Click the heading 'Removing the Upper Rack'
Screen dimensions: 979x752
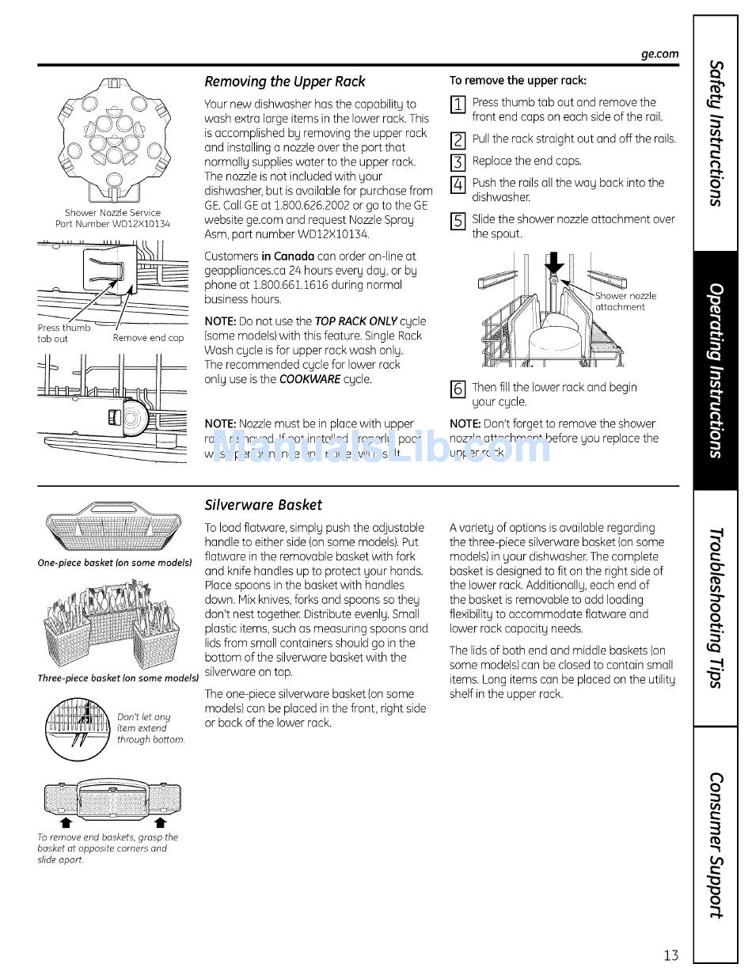[x=285, y=82]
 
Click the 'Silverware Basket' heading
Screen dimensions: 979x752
[x=264, y=505]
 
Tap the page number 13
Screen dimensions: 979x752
[x=670, y=955]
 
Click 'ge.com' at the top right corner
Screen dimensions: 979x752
[x=659, y=54]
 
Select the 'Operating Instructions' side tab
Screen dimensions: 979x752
[x=716, y=370]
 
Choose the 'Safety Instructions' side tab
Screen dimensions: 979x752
[x=716, y=133]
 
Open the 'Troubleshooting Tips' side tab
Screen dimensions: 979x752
[x=716, y=607]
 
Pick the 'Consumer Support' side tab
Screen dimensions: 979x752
[x=716, y=844]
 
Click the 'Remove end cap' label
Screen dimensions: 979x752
[x=148, y=338]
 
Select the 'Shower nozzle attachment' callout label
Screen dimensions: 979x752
[x=625, y=302]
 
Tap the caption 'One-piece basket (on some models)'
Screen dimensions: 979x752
[x=116, y=563]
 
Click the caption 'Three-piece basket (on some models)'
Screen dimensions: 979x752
[x=118, y=678]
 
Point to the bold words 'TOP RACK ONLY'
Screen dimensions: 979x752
[x=356, y=321]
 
